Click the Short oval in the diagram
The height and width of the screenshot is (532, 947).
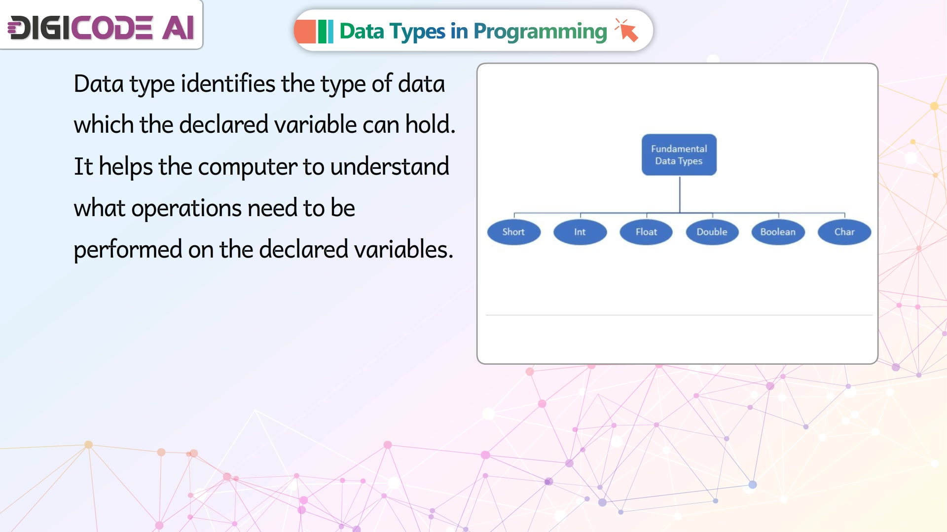513,232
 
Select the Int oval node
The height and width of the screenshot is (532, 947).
580,232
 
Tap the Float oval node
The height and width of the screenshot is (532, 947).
646,232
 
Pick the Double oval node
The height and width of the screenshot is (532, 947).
712,232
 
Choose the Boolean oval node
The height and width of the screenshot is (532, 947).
778,232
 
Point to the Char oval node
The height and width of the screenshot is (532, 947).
844,232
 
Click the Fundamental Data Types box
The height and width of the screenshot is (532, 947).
679,154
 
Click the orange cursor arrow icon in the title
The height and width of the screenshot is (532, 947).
627,30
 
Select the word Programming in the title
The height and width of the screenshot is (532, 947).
540,32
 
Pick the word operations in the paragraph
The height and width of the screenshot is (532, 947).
186,208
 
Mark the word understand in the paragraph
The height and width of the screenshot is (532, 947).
390,166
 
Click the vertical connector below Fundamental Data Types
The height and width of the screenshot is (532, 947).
680,194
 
